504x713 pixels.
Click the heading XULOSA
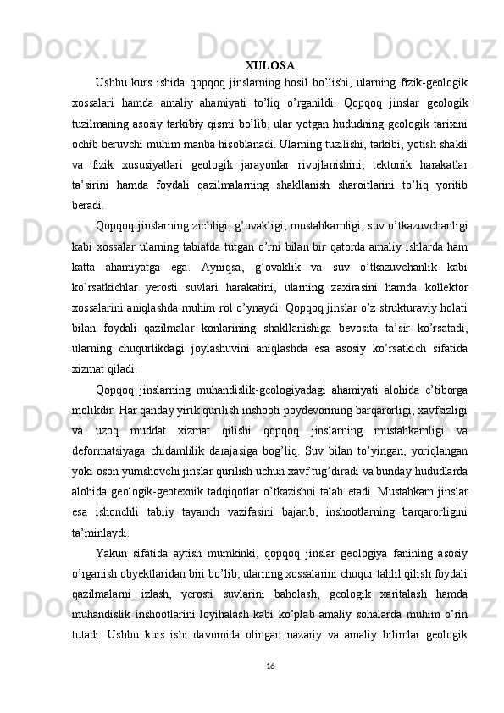(269, 65)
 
